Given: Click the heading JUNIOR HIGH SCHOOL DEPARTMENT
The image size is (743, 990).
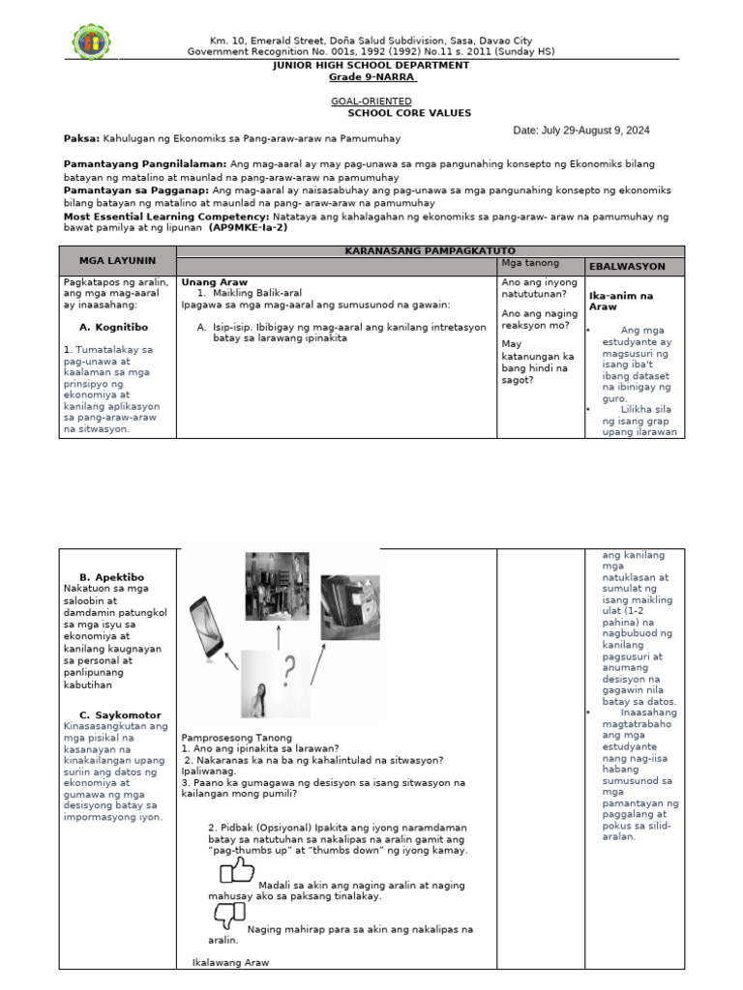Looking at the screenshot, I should click(x=371, y=65).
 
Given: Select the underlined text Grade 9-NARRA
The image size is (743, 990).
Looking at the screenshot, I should click(x=371, y=77).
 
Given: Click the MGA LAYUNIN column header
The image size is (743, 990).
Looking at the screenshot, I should click(x=118, y=260).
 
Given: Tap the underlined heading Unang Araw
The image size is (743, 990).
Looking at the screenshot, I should click(x=209, y=281).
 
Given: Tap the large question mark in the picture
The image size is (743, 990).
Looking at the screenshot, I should click(x=288, y=666).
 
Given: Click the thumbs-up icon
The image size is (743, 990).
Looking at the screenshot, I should click(x=236, y=874).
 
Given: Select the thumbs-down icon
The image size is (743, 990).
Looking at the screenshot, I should click(x=229, y=915).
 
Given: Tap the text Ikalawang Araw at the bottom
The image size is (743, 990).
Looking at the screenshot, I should click(x=230, y=963).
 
